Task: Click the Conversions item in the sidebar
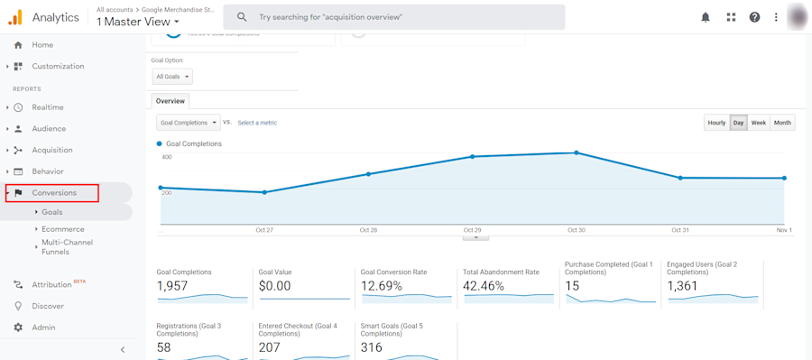click(54, 193)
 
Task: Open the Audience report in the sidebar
click(49, 129)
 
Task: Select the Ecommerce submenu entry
click(62, 229)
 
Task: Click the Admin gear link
click(43, 328)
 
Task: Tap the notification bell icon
click(706, 17)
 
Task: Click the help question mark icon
click(754, 17)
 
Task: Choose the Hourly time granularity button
click(716, 123)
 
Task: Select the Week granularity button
click(759, 123)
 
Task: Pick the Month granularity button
click(782, 123)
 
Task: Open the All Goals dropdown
click(171, 77)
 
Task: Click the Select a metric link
click(257, 123)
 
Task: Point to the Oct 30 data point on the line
click(577, 153)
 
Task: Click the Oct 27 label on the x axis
click(264, 230)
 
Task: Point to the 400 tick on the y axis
click(167, 157)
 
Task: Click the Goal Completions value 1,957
click(171, 286)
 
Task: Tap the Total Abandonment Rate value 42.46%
click(484, 286)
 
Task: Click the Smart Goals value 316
click(372, 347)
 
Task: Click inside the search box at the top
click(406, 17)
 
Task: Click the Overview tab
click(170, 101)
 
